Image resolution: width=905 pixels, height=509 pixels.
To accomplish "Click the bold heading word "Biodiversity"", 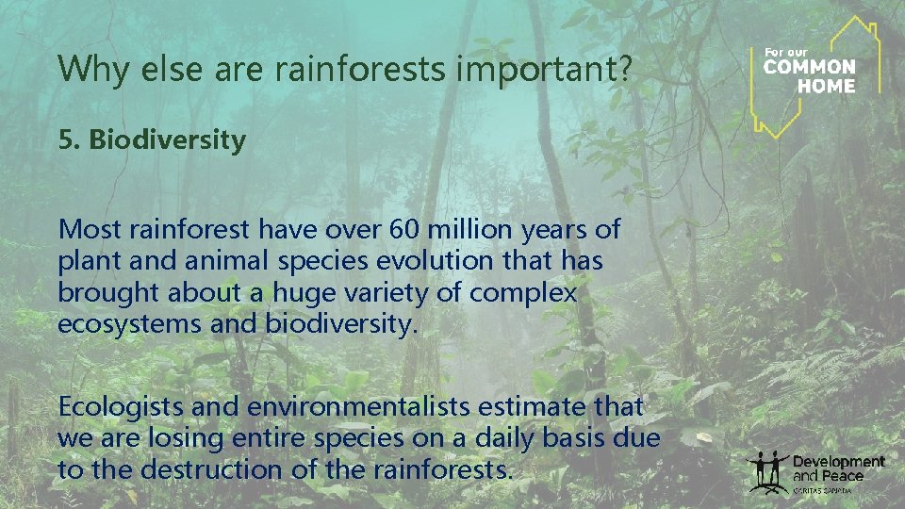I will (x=167, y=140).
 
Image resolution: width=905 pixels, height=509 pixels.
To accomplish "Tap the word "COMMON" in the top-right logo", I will (x=809, y=68).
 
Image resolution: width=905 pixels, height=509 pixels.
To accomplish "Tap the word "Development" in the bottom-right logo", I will (x=838, y=462).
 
